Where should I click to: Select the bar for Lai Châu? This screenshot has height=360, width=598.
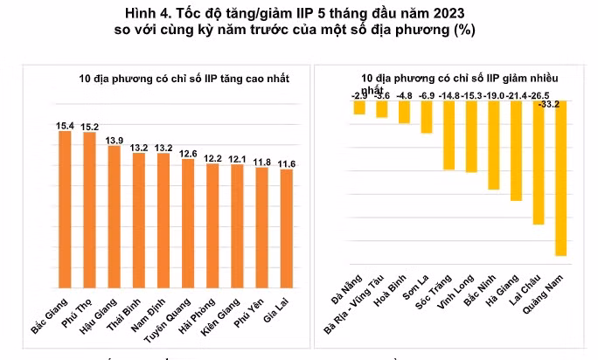(538, 163)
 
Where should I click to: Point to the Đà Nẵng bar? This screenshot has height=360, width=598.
(358, 107)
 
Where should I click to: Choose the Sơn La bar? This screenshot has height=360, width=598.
(427, 116)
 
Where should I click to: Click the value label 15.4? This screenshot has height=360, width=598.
(65, 126)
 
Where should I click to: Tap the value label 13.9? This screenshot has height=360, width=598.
(114, 141)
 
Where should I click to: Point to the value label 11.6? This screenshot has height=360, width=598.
(287, 163)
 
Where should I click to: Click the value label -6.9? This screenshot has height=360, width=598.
(427, 93)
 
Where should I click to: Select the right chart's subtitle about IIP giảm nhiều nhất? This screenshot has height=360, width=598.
(448, 79)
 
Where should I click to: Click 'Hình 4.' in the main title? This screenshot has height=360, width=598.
(147, 11)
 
